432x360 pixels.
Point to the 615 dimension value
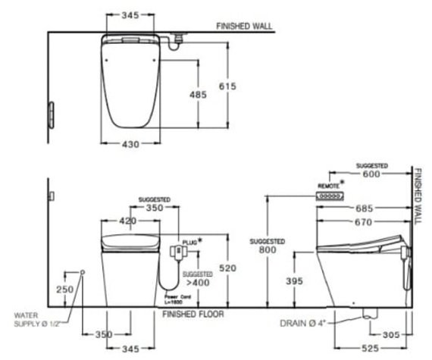pos(239,86)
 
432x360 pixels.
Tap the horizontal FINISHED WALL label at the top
pos(244,26)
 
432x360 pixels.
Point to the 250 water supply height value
pos(65,290)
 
